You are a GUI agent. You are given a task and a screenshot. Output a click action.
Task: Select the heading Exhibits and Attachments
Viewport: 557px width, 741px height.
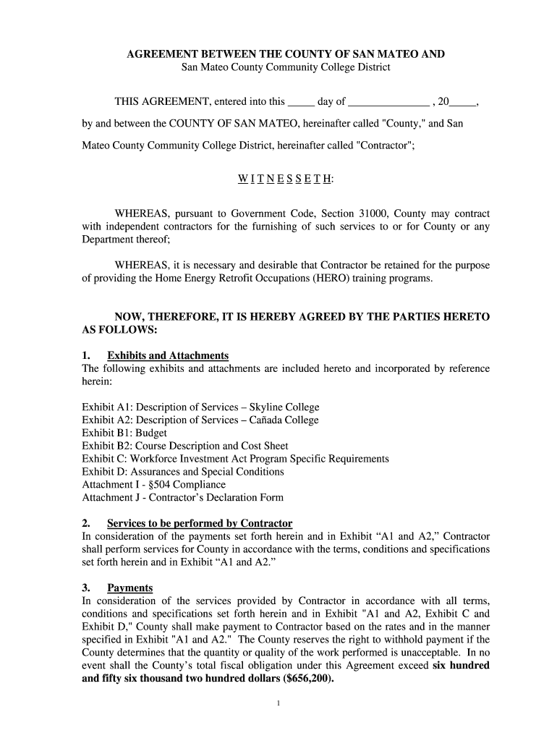click(167, 355)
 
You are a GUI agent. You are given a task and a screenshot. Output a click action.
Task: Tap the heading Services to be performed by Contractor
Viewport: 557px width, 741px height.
click(199, 523)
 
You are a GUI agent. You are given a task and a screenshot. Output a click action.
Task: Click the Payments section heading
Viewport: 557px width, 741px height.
click(129, 588)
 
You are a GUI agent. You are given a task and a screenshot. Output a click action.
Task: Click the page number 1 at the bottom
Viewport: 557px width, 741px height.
click(278, 703)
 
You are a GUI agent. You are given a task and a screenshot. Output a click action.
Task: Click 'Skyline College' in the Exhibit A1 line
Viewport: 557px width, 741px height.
click(285, 407)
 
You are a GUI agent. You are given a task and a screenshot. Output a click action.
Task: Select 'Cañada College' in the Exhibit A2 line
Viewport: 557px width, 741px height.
click(284, 420)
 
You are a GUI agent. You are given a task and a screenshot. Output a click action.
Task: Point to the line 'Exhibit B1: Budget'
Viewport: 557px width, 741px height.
click(124, 433)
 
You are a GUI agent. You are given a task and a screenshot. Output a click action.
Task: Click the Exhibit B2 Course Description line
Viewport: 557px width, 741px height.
click(185, 446)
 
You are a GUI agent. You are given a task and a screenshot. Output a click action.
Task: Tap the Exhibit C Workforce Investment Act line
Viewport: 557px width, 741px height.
click(235, 460)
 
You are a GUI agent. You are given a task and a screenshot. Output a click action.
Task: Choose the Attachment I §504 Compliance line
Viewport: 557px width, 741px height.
click(153, 485)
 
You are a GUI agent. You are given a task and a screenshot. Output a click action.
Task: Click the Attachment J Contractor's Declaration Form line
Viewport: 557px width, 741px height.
click(182, 498)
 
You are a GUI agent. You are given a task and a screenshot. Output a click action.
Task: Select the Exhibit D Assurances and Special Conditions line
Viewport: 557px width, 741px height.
click(183, 472)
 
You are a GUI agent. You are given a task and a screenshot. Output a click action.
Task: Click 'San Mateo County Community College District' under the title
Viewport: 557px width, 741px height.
click(285, 67)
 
